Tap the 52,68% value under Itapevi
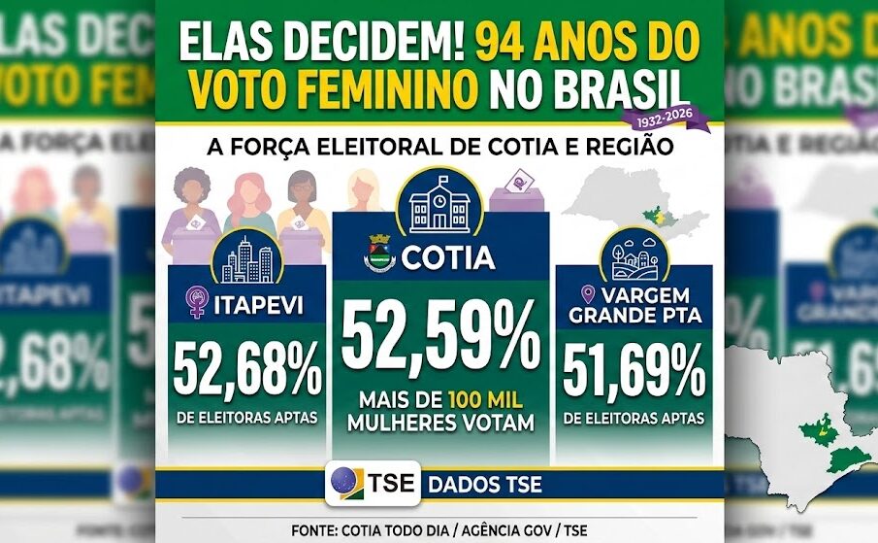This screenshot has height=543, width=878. [x=247, y=370]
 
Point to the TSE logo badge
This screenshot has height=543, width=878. [x=373, y=482]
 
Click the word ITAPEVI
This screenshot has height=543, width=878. [x=258, y=307]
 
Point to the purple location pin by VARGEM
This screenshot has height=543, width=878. [x=587, y=294]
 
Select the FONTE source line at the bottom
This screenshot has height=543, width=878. [x=439, y=530]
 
